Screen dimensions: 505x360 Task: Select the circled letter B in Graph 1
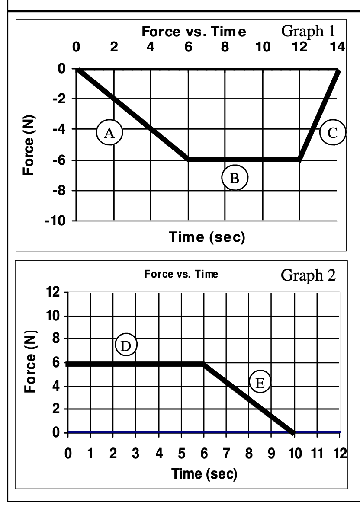235,178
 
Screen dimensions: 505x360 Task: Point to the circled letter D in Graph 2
126,345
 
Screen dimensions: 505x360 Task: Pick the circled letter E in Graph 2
259,382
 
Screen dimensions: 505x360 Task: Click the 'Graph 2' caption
308,275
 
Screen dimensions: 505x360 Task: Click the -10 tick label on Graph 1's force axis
62,221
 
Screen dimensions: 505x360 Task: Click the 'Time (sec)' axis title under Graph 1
207,237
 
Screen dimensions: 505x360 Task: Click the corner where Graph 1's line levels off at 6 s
188,159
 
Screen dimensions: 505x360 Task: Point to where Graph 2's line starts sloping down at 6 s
203,364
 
